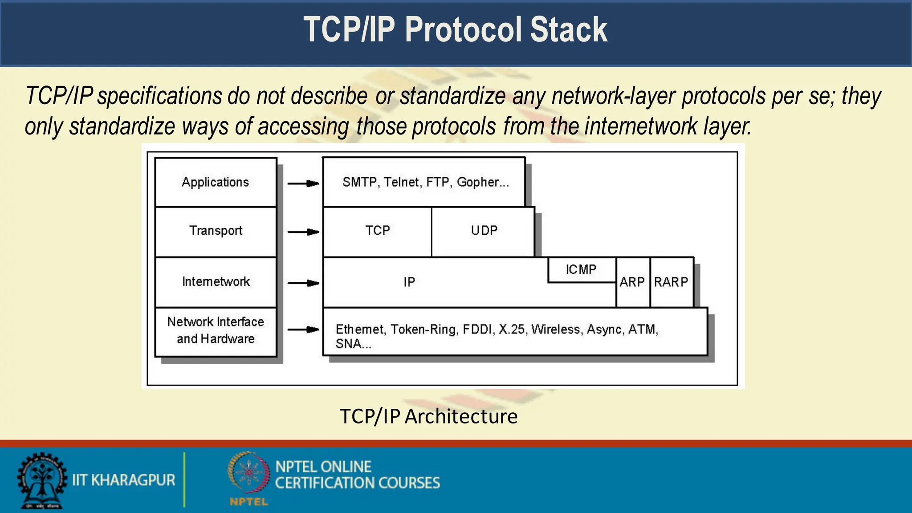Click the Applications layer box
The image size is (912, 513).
click(x=216, y=182)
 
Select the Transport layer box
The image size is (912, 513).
click(x=216, y=231)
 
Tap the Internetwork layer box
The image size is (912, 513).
click(x=216, y=282)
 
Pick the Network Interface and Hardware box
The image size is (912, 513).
click(x=216, y=331)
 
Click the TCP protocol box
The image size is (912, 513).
click(x=377, y=231)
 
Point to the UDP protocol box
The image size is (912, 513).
click(x=484, y=231)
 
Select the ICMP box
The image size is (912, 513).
click(x=581, y=269)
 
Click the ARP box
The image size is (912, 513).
click(x=632, y=282)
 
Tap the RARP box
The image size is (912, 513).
click(x=671, y=282)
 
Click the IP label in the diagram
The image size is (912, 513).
click(x=409, y=282)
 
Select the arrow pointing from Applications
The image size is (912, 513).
click(x=303, y=183)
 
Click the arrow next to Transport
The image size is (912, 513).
click(x=303, y=232)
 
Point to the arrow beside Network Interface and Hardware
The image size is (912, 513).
click(x=303, y=330)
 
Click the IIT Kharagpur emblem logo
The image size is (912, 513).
click(x=41, y=481)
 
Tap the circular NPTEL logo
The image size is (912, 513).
click(x=249, y=473)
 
